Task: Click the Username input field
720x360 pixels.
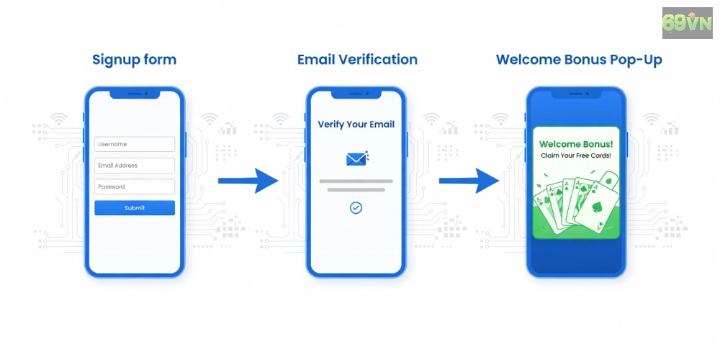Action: tap(135, 144)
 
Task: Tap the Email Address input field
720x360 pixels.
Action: tap(135, 166)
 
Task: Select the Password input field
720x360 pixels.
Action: tap(135, 187)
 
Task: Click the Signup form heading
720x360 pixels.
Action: tap(134, 60)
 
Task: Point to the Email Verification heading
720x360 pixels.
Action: tap(357, 60)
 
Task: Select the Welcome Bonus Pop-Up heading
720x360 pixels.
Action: tap(579, 60)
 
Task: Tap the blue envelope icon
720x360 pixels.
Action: tap(357, 159)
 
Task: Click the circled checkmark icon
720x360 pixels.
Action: tap(356, 208)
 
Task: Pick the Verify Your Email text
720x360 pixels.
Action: tap(356, 125)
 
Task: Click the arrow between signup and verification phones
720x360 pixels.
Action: tap(248, 181)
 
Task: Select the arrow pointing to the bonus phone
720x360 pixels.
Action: tap(469, 181)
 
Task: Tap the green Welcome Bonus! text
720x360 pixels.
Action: tap(576, 144)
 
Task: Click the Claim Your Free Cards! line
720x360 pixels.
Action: tap(576, 156)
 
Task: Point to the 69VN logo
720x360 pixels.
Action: tap(687, 23)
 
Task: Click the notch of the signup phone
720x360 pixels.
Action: tap(135, 94)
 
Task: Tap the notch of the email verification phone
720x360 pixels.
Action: tap(356, 94)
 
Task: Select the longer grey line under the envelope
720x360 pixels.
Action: tap(356, 181)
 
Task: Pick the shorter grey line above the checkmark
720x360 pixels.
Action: tap(356, 189)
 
